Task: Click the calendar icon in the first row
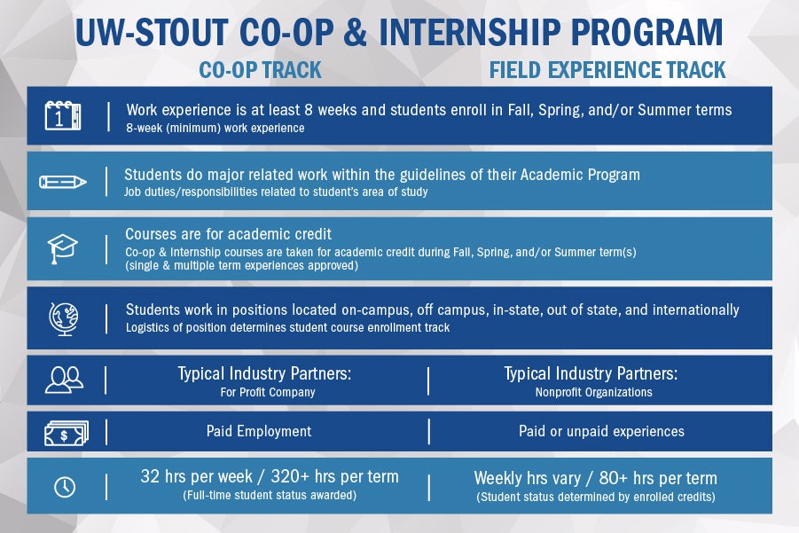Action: pos(63,115)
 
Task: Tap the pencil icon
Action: pos(63,181)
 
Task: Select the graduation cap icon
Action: pos(63,247)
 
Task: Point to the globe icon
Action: pos(63,317)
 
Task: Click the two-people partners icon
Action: pos(63,380)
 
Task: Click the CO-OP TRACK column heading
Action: pos(260,69)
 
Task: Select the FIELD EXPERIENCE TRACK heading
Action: pos(607,69)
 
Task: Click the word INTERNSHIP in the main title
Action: pos(478,32)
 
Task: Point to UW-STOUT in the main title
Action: pos(152,32)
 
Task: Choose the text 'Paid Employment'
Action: pos(259,431)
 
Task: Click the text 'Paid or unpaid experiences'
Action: pos(601,431)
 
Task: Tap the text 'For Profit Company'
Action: pos(267,392)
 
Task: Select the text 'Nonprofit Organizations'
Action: pos(594,392)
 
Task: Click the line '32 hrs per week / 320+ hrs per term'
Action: pos(270,477)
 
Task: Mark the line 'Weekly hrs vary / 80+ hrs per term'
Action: pos(595,477)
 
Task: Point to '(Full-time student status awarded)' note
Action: pos(270,495)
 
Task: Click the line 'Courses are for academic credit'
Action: pos(228,234)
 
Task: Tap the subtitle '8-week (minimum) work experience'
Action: pos(215,129)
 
